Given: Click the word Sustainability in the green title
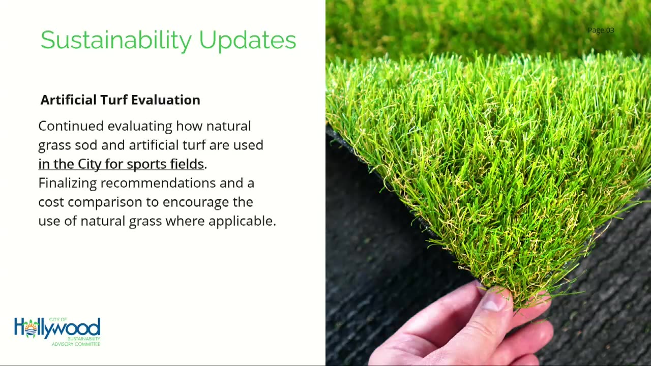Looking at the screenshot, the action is coord(116,40).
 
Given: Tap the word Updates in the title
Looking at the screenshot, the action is coord(248,40).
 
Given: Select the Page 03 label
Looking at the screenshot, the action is coord(601,30).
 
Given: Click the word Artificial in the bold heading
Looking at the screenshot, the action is coord(68,100).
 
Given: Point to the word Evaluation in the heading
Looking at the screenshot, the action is coord(166,100).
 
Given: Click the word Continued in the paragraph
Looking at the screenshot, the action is coord(71,126).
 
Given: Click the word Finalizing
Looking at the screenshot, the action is coord(68,184).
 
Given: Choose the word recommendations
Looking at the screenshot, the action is coord(158,183).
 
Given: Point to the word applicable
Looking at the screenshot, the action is coord(242,221).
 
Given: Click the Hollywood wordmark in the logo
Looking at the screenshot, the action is coord(57,328).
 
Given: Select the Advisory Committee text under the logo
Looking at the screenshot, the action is coord(76,344).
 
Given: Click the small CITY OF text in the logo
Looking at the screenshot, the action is coord(58,320).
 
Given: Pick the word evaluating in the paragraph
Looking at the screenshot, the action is coord(140,127).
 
